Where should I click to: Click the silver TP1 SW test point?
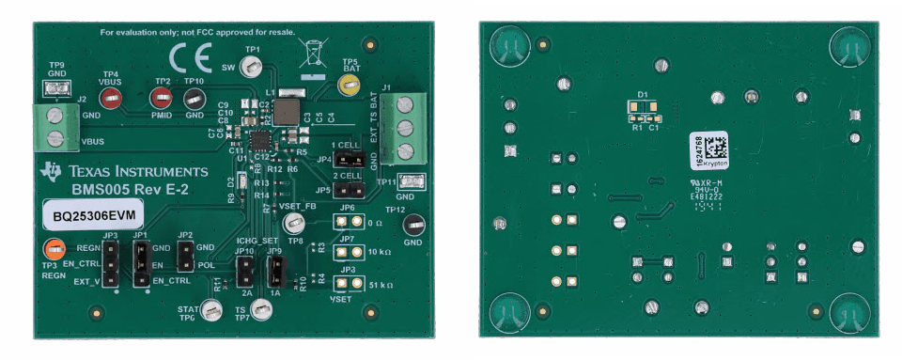[251, 66]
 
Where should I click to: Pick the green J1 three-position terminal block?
[405, 127]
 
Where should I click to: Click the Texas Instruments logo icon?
[51, 170]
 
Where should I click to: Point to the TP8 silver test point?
[294, 224]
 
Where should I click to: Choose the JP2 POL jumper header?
[184, 256]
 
